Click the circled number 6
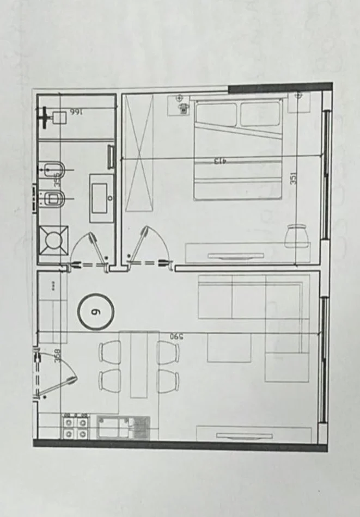click(x=96, y=312)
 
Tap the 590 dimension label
click(x=175, y=337)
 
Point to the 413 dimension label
click(x=219, y=161)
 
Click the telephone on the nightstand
click(x=182, y=106)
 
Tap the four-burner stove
click(x=76, y=426)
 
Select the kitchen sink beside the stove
click(x=123, y=427)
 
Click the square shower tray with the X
click(x=53, y=239)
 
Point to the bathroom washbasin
click(x=102, y=199)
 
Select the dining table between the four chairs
click(x=139, y=364)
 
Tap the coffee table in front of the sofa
click(x=229, y=348)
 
